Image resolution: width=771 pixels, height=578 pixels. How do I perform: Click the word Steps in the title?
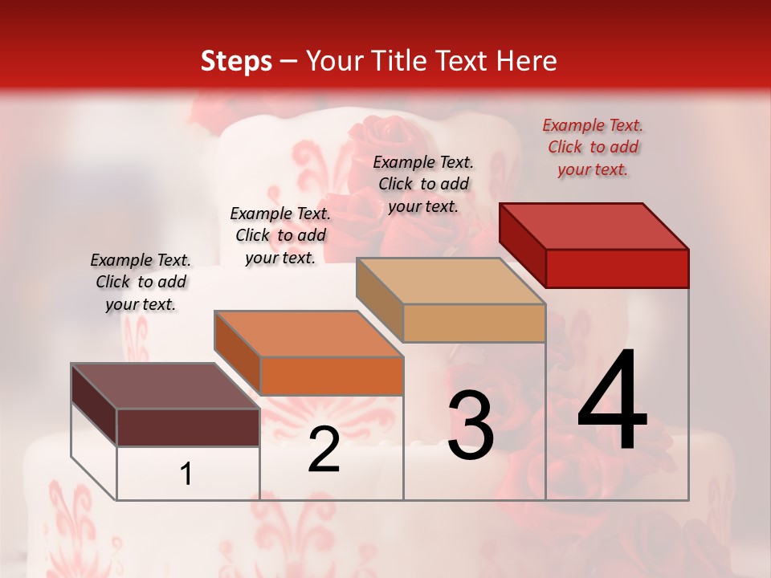pos(236,61)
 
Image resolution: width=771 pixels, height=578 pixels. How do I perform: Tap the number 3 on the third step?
pos(471,425)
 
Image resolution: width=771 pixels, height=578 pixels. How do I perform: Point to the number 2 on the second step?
pos(324,450)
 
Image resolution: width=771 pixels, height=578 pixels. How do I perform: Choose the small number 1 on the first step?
pos(186,474)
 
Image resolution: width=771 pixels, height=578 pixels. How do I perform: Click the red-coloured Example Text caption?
pos(593,147)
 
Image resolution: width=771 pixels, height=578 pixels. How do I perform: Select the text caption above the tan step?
pos(423,184)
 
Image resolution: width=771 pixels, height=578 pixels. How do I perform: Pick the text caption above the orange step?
pos(280,235)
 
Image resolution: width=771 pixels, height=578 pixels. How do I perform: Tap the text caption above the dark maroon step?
pos(141,282)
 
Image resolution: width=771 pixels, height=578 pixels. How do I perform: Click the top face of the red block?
pos(594,226)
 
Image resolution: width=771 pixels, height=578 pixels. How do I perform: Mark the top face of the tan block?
pos(451,280)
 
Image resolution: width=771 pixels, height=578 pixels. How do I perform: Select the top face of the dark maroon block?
pos(165,386)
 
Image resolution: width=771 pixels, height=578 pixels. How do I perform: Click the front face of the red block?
pos(617,268)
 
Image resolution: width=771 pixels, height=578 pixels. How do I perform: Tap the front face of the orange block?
pos(331,376)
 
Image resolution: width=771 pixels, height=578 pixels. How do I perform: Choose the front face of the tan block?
pos(474,323)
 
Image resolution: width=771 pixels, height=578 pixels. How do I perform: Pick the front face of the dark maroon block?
pos(188,427)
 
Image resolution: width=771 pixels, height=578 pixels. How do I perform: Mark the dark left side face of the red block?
pos(522,245)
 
